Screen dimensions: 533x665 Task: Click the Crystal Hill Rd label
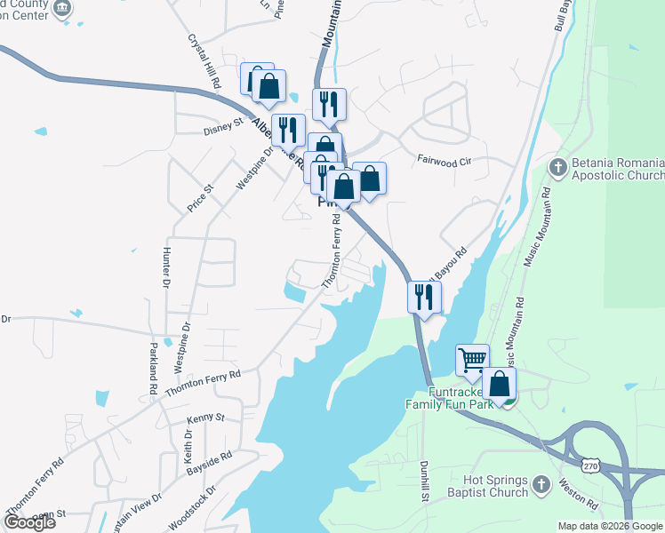[205, 60]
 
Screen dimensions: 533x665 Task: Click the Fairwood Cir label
[442, 161]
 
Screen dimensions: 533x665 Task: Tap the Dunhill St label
[425, 478]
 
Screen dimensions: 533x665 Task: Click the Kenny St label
[206, 417]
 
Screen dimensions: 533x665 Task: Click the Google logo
[29, 521]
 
